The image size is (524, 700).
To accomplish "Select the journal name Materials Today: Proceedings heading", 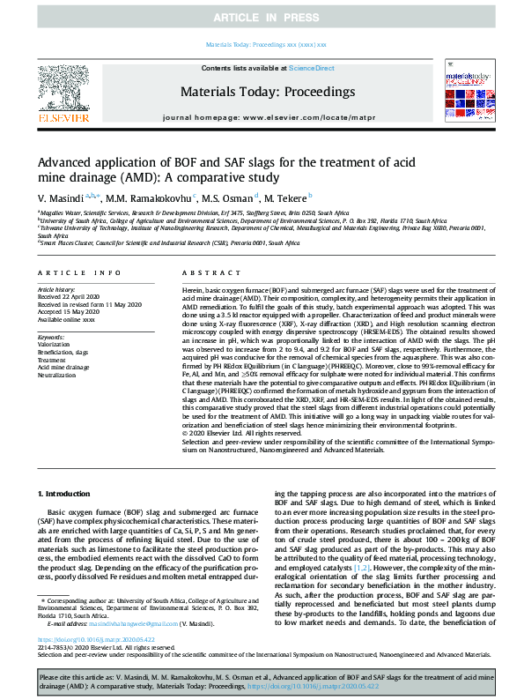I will click(x=267, y=91).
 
